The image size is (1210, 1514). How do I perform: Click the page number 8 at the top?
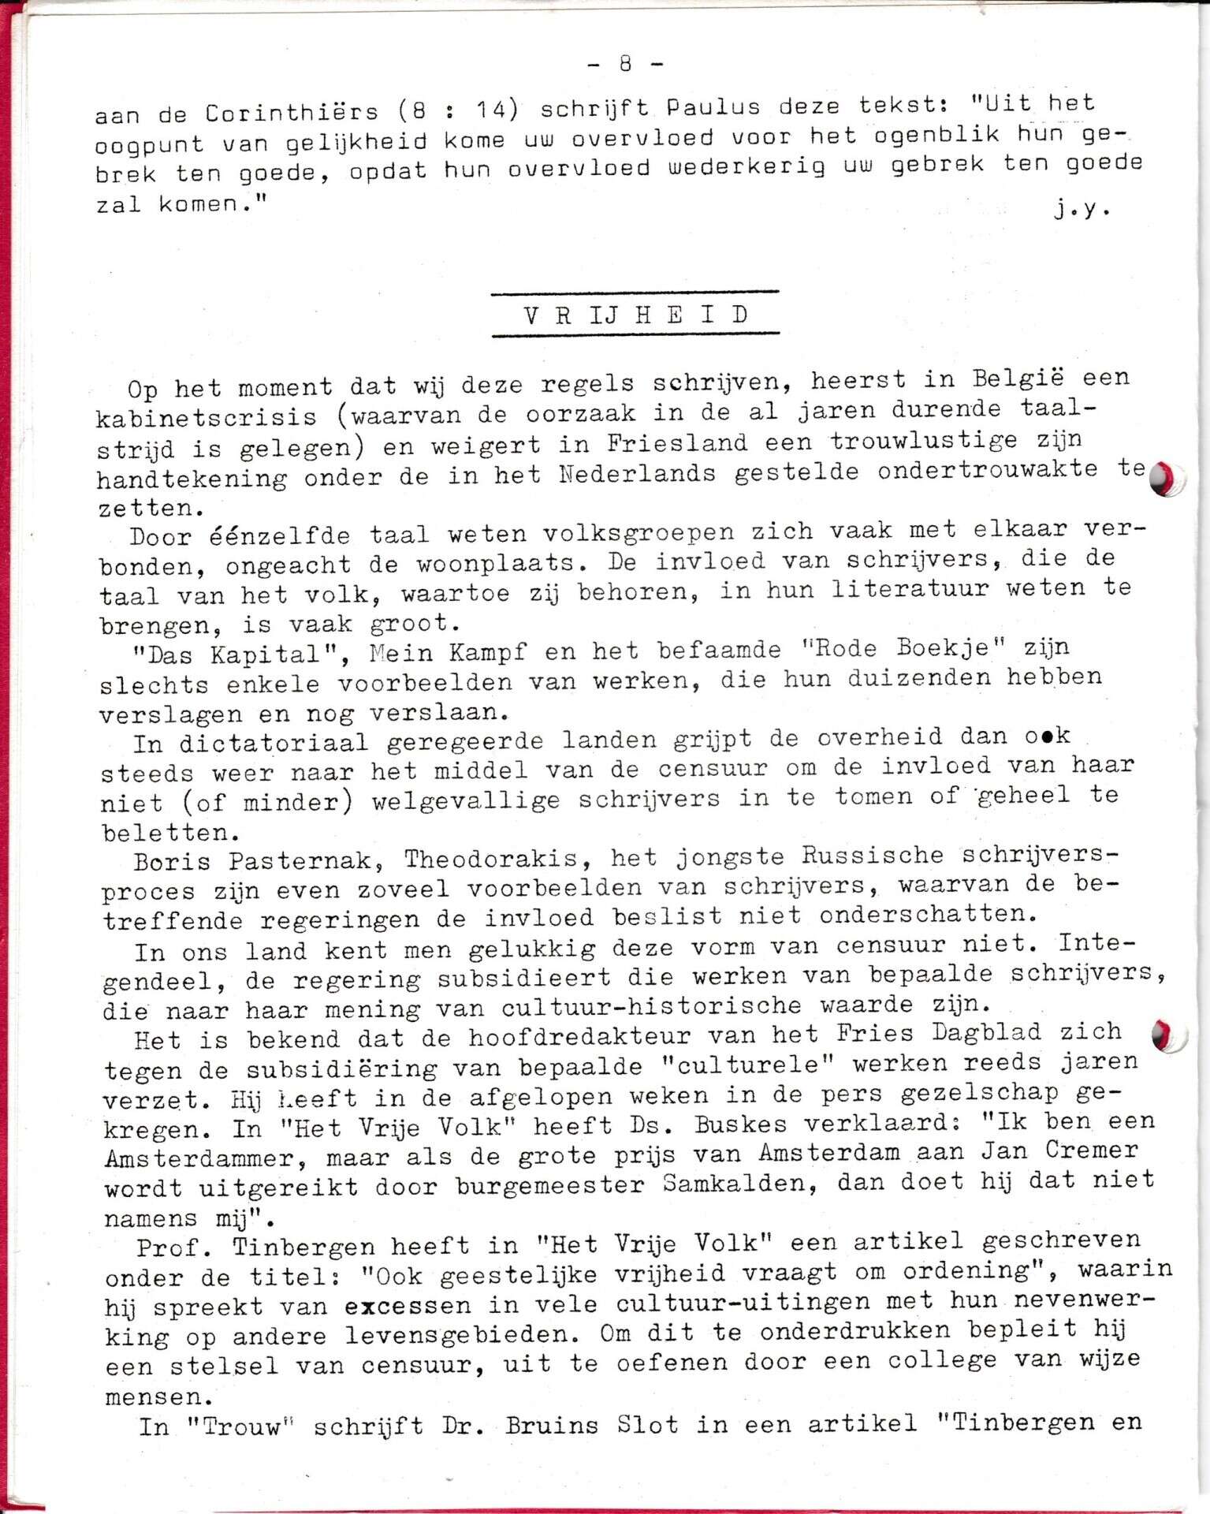pos(626,64)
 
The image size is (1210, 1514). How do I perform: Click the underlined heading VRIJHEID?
pos(635,315)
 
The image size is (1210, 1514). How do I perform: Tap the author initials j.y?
pos(1082,209)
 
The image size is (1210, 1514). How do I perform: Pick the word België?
pos(1018,378)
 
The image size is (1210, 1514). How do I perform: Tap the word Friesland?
pos(677,443)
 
